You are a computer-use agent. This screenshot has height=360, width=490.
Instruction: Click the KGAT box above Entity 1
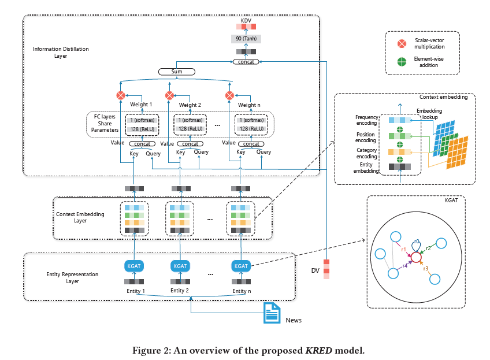pos(134,266)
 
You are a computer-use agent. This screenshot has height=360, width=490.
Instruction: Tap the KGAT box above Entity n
pos(242,266)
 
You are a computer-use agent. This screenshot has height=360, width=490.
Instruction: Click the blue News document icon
pos(272,313)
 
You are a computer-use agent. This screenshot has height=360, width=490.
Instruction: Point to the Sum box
pos(176,72)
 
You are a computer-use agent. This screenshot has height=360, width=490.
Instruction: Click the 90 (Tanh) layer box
pos(247,39)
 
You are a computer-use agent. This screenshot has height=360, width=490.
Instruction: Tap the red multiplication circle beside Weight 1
pos(121,95)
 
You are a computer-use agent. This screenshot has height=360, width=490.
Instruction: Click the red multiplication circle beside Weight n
pos(229,95)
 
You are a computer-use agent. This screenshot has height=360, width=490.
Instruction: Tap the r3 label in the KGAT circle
pos(425,268)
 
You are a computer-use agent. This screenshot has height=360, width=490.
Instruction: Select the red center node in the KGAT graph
pos(415,255)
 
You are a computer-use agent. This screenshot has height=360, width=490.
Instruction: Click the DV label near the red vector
pos(315,270)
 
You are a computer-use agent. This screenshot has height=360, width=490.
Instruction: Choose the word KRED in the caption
pos(321,350)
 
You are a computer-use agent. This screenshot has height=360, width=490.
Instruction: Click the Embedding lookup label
pos(431,114)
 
